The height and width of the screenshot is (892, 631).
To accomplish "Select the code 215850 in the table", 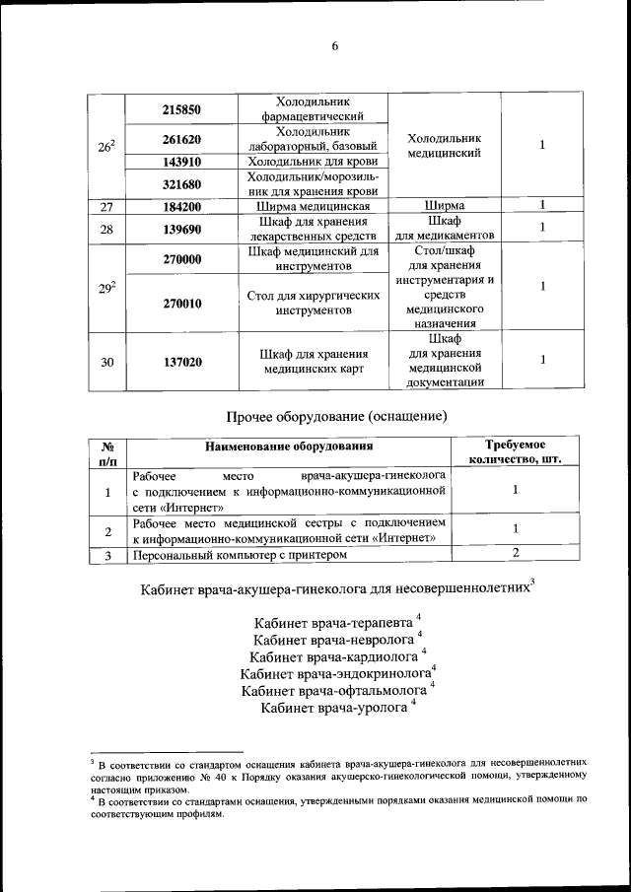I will pyautogui.click(x=181, y=110).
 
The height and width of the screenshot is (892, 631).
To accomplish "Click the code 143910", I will pyautogui.click(x=181, y=161).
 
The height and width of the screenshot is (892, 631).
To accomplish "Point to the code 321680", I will pyautogui.click(x=181, y=183).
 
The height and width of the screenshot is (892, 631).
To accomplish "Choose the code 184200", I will pyautogui.click(x=181, y=206).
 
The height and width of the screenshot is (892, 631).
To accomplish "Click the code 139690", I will pyautogui.click(x=181, y=229).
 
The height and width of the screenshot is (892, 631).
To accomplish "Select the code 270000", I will pyautogui.click(x=181, y=259).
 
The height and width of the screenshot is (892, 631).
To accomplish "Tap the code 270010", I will pyautogui.click(x=181, y=304).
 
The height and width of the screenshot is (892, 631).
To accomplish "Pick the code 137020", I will pyautogui.click(x=181, y=363).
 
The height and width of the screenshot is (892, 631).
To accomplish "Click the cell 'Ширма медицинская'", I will pyautogui.click(x=313, y=206).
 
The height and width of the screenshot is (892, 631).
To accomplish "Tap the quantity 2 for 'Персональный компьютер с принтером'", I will pyautogui.click(x=515, y=556).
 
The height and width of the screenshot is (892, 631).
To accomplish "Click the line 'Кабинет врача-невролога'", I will pyautogui.click(x=333, y=641).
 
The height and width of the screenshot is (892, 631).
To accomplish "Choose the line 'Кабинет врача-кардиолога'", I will pyautogui.click(x=334, y=657).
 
